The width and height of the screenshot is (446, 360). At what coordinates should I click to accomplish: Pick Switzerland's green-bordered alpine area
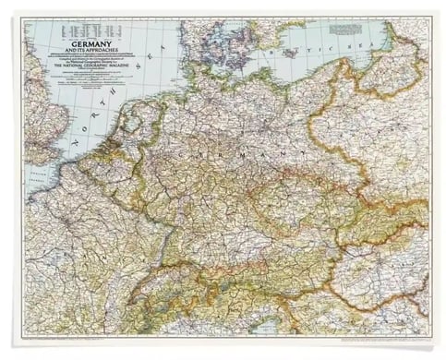coord(152,286)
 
